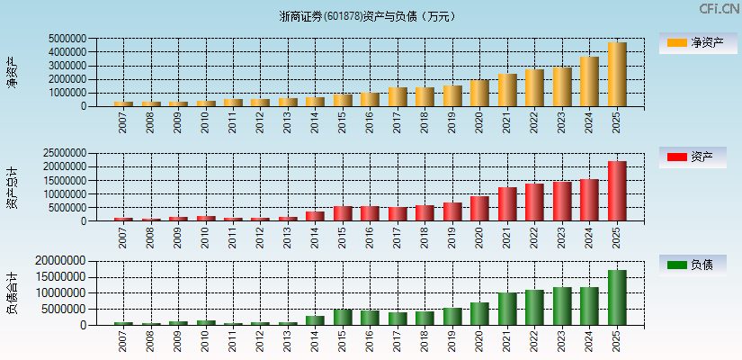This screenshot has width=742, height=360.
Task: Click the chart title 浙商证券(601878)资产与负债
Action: (x=368, y=16)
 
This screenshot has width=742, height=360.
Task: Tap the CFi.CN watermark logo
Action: (x=719, y=9)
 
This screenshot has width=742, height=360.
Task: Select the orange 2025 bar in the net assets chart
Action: (x=617, y=75)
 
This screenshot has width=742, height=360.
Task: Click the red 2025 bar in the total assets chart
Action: (x=617, y=191)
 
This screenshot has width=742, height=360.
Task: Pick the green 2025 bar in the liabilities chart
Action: (x=617, y=298)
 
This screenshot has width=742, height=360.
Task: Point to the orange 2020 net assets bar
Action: (x=479, y=94)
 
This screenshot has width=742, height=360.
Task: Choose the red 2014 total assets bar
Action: (x=315, y=216)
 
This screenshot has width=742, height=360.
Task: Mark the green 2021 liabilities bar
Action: (x=507, y=309)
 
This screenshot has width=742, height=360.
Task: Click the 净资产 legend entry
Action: (x=693, y=42)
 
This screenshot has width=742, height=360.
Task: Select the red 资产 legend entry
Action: (x=693, y=157)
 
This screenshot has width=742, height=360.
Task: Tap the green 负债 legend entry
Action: (x=693, y=265)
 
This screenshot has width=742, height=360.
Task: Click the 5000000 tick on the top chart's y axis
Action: (x=67, y=39)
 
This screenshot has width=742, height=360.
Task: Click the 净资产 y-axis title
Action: (x=12, y=72)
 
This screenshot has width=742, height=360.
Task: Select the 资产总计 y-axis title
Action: (x=12, y=187)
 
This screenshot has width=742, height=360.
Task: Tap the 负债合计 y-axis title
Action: (x=12, y=293)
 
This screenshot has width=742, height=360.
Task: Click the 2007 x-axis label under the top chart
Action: (x=123, y=121)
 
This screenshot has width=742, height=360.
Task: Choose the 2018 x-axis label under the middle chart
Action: (x=425, y=237)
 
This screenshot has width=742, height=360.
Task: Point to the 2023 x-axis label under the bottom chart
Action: (x=562, y=341)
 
